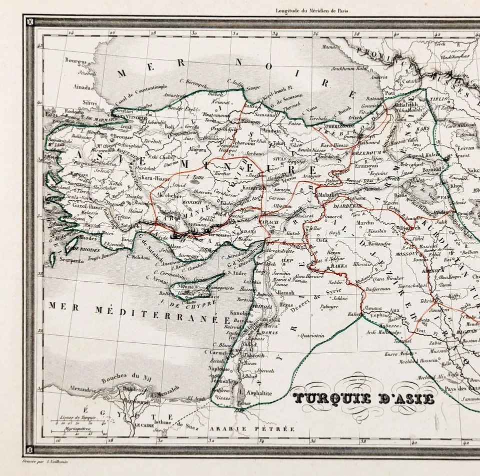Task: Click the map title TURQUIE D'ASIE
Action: click(364, 398)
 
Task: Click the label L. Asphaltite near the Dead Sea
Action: click(256, 394)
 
